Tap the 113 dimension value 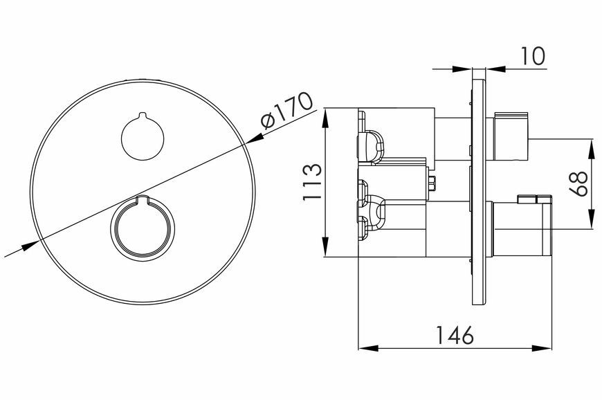pos(312,181)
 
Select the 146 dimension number pos(455,335)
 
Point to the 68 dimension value pos(578,183)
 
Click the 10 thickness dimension pos(533,56)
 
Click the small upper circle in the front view pos(143,137)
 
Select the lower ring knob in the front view pos(143,229)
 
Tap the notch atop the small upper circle pos(143,115)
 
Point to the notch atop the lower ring pos(143,199)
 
